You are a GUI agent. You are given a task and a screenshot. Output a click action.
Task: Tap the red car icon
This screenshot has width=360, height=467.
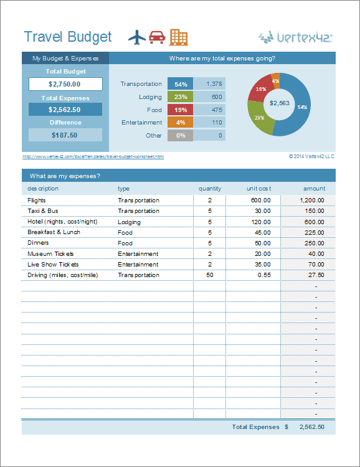[x=157, y=37]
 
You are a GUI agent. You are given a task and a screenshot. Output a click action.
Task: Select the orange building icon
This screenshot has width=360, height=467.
[x=178, y=37]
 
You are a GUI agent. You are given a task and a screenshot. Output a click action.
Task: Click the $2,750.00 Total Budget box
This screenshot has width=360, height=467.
[x=65, y=84]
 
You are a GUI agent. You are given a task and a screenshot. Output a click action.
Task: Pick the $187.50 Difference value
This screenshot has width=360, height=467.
[x=65, y=134]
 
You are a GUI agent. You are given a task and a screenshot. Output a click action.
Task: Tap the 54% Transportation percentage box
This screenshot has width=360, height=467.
[x=181, y=84]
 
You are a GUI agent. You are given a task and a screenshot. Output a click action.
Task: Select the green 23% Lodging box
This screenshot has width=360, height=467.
[x=181, y=97]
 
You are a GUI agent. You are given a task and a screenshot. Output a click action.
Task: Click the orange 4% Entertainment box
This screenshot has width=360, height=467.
[x=181, y=123]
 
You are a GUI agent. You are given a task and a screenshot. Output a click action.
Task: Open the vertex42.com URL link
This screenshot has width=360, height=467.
[x=93, y=157]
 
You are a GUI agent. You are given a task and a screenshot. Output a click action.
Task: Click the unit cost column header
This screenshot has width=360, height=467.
[x=258, y=188]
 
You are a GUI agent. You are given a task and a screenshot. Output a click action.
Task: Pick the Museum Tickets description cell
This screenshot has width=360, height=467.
[x=50, y=254]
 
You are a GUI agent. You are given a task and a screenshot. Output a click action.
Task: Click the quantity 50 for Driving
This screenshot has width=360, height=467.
[x=209, y=275]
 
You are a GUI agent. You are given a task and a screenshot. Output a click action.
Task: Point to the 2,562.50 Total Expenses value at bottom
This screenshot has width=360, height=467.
[x=311, y=427]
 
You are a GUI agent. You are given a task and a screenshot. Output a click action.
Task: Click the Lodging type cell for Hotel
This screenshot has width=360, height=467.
[x=129, y=222]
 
